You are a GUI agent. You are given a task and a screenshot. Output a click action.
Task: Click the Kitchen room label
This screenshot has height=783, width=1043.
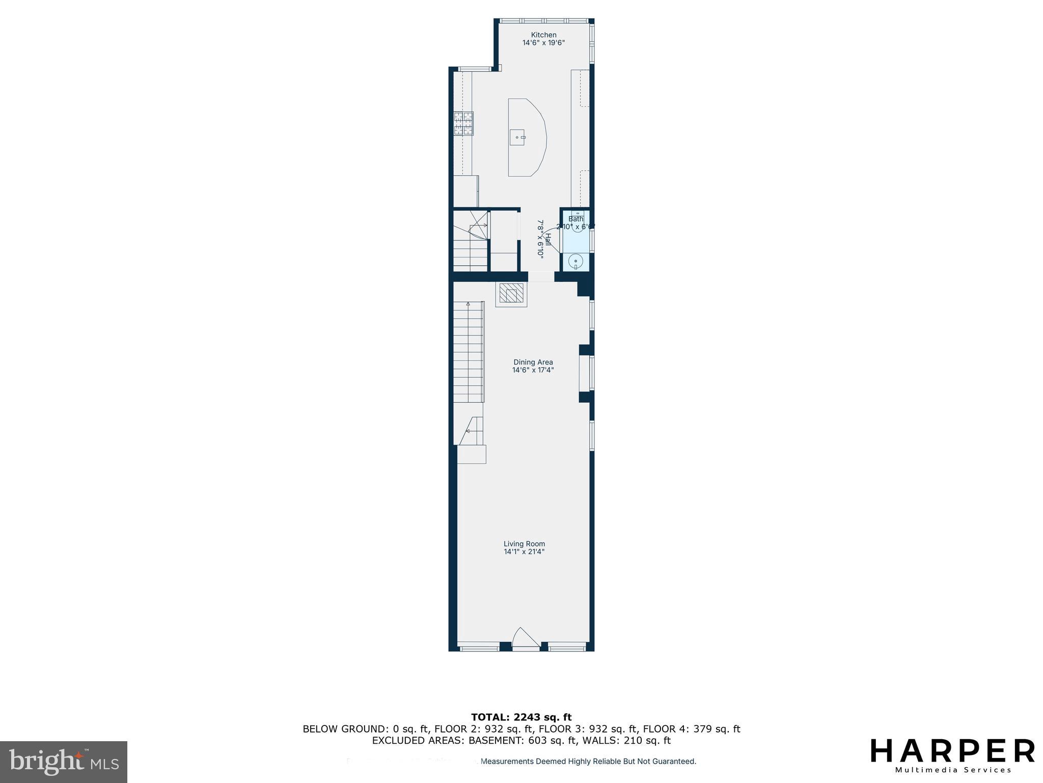pos(543,35)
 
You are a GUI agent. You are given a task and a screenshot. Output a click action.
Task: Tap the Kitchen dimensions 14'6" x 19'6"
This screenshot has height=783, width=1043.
pos(543,43)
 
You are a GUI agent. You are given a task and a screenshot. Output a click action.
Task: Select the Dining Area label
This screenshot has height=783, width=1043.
pos(533,362)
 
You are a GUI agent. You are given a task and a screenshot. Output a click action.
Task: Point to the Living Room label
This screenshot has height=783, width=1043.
pos(524,544)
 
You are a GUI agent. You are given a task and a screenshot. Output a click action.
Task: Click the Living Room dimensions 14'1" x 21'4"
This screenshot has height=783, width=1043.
pos(524,552)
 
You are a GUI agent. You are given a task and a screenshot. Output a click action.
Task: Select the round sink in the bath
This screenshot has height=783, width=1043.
pos(575,262)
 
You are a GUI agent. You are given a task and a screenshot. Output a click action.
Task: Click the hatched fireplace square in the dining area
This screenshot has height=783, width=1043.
pos(511,294)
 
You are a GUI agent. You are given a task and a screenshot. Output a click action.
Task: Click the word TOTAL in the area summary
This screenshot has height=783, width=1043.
pos(491,718)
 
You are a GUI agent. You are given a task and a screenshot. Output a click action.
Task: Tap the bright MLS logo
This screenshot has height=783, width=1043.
pos(63,762)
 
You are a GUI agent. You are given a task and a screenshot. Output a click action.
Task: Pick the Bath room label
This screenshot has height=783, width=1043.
pos(575,219)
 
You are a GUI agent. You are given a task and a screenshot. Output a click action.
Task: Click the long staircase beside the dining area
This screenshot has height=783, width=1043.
pos(468,352)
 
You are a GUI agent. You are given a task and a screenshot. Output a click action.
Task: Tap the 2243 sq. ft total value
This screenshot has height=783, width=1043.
pos(543,718)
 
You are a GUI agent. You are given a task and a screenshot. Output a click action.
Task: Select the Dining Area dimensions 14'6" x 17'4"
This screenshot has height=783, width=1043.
pos(533,370)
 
